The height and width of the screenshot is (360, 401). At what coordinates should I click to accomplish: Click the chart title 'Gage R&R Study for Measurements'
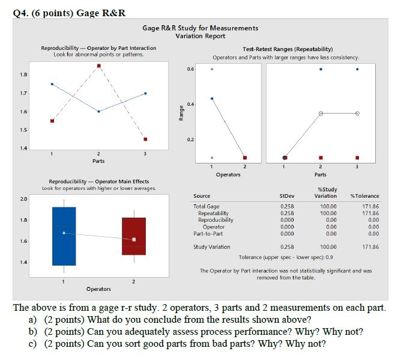(x=200, y=28)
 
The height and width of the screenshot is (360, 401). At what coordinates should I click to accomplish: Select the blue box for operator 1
(x=64, y=236)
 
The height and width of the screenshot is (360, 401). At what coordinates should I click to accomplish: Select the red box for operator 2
(x=133, y=236)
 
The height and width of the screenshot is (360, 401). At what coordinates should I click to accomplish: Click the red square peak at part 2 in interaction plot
(x=98, y=66)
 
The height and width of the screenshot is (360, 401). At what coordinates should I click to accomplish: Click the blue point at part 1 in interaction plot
(x=52, y=84)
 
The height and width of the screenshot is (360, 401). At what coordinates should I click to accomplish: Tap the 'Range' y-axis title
(x=181, y=112)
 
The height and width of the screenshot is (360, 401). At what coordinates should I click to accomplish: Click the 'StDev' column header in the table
(x=287, y=196)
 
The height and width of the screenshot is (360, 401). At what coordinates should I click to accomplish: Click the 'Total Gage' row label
(x=207, y=206)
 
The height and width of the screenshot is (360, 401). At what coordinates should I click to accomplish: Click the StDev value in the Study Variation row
(x=287, y=246)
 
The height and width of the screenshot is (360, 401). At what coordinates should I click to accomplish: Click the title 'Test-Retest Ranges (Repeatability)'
(x=285, y=49)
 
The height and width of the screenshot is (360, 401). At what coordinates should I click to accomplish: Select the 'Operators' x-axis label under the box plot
(x=98, y=289)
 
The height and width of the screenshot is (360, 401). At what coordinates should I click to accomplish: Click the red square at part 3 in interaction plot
(x=145, y=139)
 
